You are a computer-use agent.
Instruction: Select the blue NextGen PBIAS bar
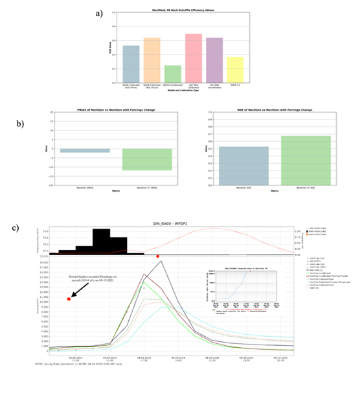tap(89, 150)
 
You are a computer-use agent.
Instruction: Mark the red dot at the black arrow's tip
tap(69, 299)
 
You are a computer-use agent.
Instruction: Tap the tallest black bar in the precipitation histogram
tap(101, 240)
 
